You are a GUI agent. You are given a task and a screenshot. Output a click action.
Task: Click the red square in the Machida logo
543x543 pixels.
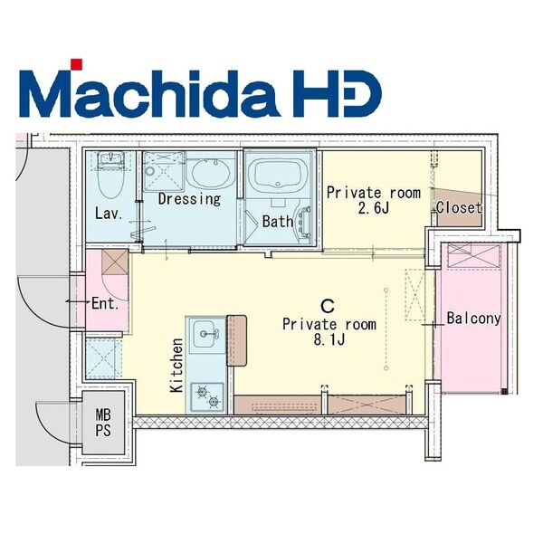point(77,64)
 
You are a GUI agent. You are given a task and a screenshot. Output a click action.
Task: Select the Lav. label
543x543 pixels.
point(109,214)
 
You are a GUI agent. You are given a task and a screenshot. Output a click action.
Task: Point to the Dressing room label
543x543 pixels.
point(189,199)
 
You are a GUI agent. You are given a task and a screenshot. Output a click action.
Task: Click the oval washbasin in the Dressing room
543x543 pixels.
point(211,173)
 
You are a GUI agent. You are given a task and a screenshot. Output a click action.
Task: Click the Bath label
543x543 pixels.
point(278,222)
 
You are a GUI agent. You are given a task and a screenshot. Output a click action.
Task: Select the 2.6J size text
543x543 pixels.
point(374,208)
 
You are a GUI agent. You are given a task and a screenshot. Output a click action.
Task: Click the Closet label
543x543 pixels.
point(459,208)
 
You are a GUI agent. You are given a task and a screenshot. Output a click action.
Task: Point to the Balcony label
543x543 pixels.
point(473,319)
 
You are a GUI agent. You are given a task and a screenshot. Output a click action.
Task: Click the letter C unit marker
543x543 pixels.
point(328,306)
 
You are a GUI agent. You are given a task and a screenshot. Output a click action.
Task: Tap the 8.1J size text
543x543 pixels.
point(329,340)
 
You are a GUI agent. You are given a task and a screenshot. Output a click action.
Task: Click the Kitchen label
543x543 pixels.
point(176,366)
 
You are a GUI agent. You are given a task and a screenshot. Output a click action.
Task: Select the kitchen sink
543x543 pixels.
point(206,334)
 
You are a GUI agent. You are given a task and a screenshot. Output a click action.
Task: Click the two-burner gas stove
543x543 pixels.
point(208,397)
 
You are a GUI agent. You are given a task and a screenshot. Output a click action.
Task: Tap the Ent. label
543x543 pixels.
point(105,304)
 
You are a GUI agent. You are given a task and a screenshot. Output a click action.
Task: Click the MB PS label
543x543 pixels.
point(103,423)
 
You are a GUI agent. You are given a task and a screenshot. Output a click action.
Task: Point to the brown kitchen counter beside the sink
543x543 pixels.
point(236,340)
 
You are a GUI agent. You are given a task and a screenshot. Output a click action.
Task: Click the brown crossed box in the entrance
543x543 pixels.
point(115,262)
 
